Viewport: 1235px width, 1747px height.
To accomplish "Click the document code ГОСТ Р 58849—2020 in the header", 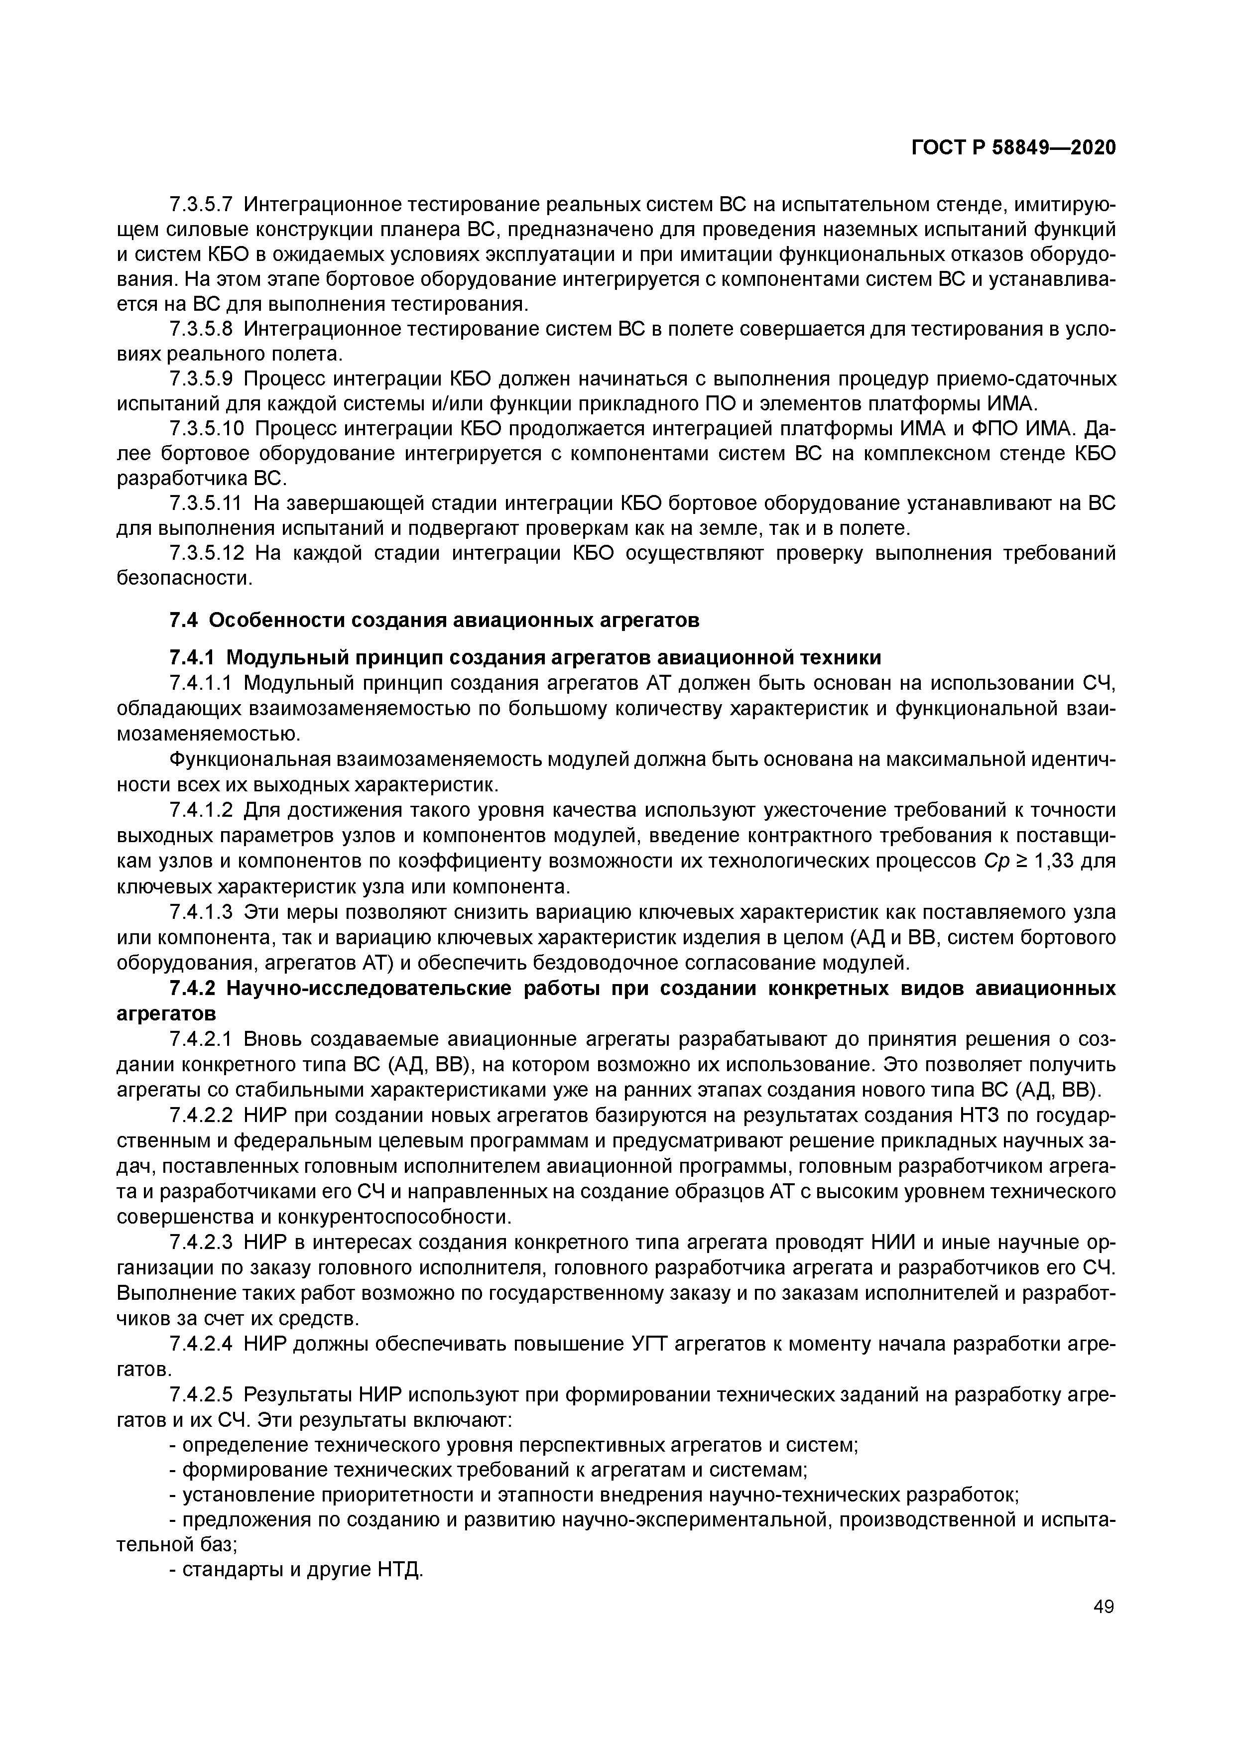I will click(x=1013, y=147).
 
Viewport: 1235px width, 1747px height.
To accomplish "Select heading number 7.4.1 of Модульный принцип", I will click(x=193, y=657).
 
